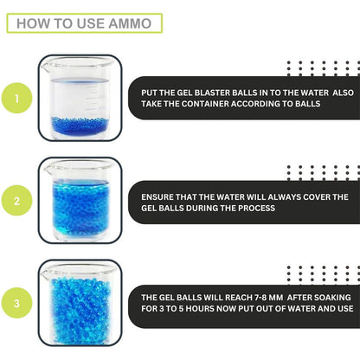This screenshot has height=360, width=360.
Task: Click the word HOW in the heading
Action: tap(33, 22)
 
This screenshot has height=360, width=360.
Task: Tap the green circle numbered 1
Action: tap(15, 100)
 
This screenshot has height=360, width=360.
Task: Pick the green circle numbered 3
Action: tap(15, 303)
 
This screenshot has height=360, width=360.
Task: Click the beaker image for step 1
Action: tap(79, 99)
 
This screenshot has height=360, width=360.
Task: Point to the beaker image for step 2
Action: tap(79, 201)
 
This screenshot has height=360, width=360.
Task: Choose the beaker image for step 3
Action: tap(79, 303)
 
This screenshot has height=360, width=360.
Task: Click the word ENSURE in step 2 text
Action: tap(161, 196)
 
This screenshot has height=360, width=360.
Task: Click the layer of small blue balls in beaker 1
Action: tap(78, 123)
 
